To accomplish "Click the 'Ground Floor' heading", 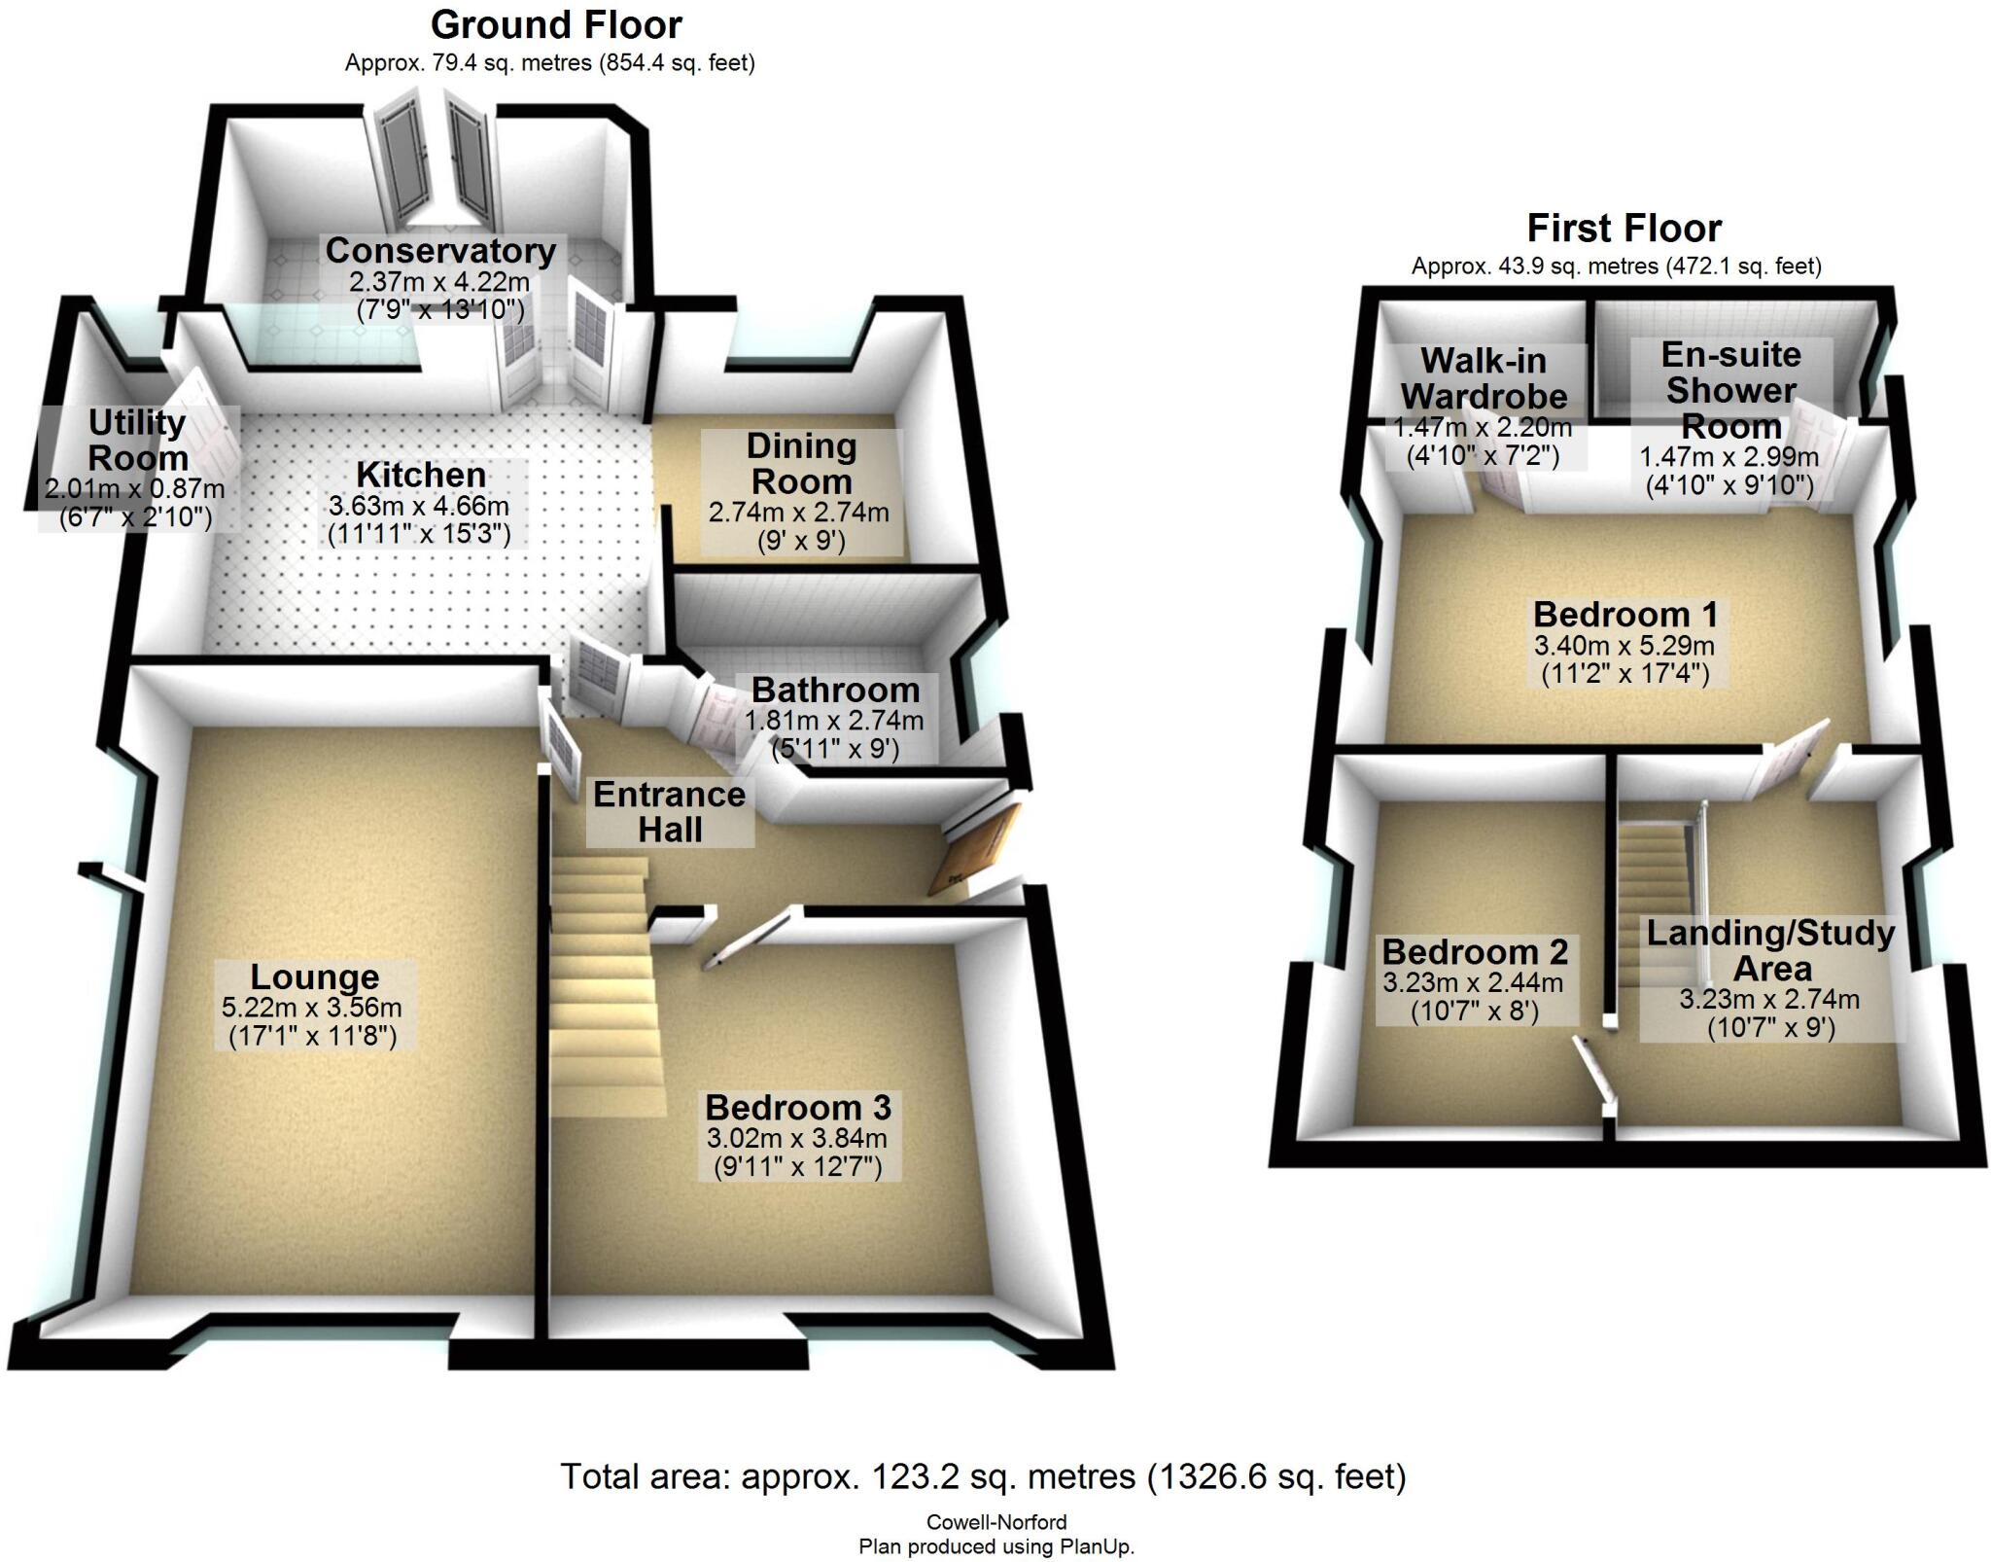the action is (x=556, y=25).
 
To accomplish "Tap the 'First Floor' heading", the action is (x=1624, y=230).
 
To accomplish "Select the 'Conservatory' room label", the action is (x=440, y=251).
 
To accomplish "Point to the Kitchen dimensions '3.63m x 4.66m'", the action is (x=419, y=507).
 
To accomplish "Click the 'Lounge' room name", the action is (x=314, y=977).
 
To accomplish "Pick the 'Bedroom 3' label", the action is (x=797, y=1108).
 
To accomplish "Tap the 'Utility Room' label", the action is (x=137, y=441).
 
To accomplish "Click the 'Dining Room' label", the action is (x=801, y=464).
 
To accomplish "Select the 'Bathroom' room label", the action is (x=835, y=691).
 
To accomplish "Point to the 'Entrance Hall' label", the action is (x=669, y=812).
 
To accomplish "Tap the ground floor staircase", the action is (x=603, y=973).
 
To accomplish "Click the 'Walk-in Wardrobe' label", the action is (x=1484, y=378).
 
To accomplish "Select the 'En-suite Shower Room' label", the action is (x=1730, y=390).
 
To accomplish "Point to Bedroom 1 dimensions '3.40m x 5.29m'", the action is (x=1624, y=645).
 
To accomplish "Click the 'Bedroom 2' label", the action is (x=1474, y=951).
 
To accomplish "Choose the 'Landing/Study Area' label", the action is (x=1770, y=951).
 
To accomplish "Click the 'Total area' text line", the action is (x=983, y=1476).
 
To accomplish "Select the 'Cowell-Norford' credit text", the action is (x=995, y=1522).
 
